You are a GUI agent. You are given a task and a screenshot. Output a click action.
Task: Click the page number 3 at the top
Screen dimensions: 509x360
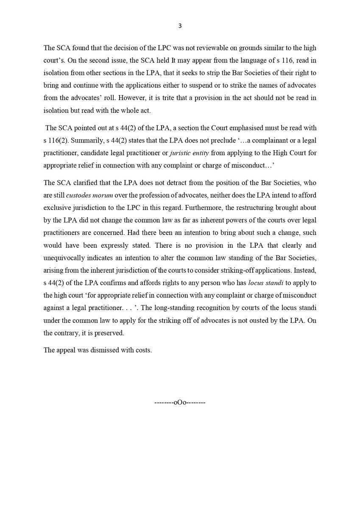click(x=180, y=26)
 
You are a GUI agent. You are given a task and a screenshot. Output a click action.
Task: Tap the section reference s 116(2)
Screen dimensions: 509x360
click(x=53, y=139)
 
